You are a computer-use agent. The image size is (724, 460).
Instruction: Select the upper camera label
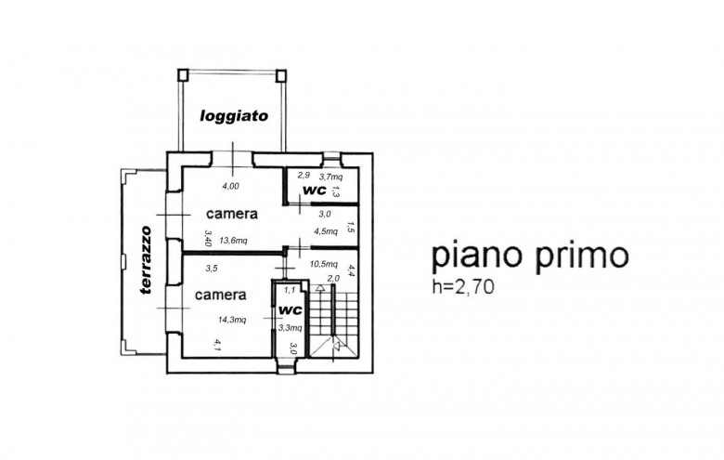[232, 213]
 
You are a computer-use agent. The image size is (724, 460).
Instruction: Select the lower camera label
[220, 296]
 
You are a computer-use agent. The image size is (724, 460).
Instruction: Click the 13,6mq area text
[232, 241]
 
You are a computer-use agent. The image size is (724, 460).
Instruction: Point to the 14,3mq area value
[232, 321]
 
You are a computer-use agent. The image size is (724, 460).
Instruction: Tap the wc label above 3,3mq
[291, 309]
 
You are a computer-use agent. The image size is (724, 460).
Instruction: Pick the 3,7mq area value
[330, 177]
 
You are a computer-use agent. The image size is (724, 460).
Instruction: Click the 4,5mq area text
[326, 231]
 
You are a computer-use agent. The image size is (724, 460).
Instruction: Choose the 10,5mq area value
[322, 264]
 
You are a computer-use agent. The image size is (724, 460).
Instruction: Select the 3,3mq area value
[290, 327]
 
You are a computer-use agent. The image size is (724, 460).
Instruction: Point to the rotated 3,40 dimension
[209, 240]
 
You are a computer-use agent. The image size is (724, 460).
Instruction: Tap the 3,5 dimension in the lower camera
[211, 269]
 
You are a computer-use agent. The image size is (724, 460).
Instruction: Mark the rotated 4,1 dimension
[216, 345]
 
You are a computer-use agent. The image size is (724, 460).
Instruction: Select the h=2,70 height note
[465, 286]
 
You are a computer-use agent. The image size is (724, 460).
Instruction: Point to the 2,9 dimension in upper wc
[303, 175]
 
